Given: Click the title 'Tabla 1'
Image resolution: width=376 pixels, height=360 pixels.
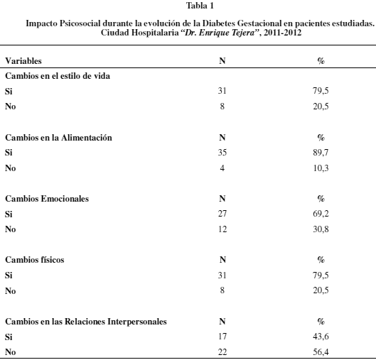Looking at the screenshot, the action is [200, 6].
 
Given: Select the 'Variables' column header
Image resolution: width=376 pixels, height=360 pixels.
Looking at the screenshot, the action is [23, 61].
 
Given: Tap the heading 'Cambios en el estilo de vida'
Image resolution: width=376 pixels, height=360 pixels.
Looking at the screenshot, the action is [58, 76].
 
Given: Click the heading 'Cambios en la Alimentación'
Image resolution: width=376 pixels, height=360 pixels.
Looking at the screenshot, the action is [58, 138].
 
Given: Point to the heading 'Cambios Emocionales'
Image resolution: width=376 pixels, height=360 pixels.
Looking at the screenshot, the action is [47, 199].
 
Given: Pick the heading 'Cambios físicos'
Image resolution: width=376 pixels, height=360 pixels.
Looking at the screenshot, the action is [35, 260].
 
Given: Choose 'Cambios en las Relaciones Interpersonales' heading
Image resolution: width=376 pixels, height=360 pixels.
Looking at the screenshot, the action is [86, 322].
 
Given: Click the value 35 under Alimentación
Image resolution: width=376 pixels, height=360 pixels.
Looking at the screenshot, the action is [222, 153].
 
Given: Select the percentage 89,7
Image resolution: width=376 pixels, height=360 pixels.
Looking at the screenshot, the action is [321, 153].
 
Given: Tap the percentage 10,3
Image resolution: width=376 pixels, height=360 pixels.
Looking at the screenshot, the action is [321, 168].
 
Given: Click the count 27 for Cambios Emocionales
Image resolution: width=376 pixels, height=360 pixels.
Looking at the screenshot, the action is [222, 214].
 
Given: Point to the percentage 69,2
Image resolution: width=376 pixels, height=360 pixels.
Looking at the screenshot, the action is [321, 214].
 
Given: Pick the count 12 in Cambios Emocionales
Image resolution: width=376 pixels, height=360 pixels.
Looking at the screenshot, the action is [222, 229].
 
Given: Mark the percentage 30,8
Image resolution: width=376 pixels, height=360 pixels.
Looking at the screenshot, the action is [321, 229].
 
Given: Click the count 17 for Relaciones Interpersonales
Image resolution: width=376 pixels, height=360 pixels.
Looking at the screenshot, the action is [222, 337].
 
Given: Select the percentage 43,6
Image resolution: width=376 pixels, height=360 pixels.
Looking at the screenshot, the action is [321, 337].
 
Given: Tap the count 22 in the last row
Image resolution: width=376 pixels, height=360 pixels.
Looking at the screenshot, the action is [222, 352].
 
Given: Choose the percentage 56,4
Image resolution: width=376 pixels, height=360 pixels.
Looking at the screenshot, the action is [321, 352].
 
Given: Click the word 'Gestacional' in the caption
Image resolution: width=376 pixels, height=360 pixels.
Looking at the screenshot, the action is [259, 23].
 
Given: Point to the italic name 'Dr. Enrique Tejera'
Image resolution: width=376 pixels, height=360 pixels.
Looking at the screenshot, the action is [220, 33].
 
